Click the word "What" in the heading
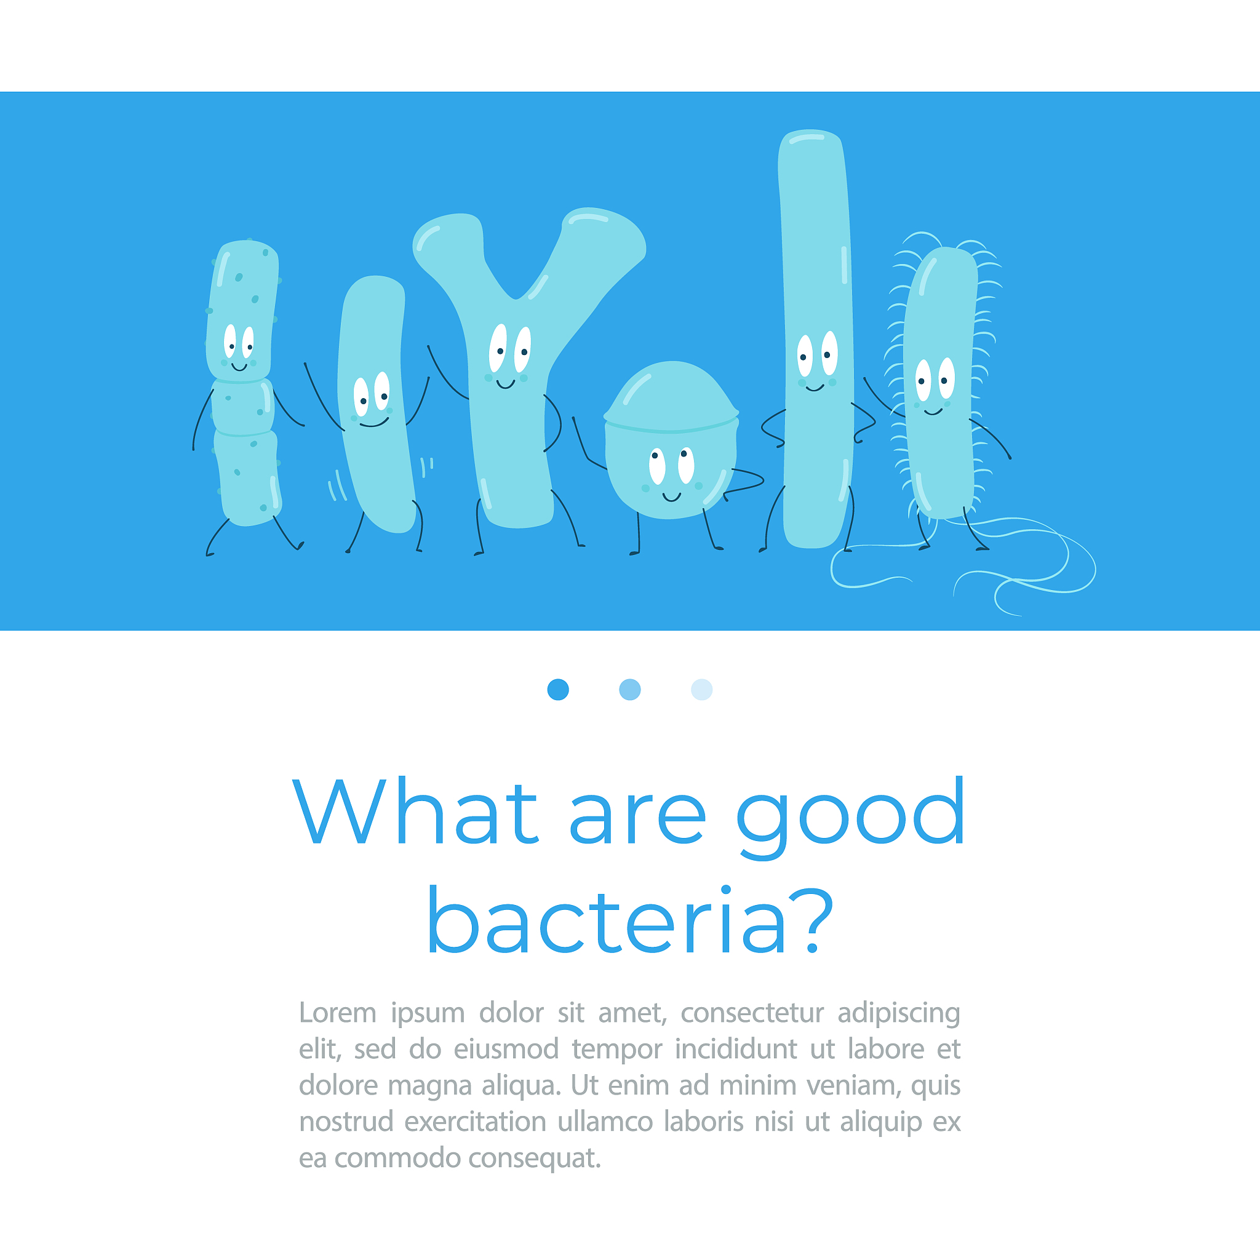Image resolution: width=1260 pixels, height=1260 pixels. point(415,811)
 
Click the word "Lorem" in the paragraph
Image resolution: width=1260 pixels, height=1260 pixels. point(338,1013)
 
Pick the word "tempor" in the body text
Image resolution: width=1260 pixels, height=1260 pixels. point(617,1050)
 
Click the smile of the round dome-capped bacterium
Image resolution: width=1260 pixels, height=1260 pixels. point(672,498)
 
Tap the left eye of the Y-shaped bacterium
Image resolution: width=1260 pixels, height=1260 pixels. point(498,348)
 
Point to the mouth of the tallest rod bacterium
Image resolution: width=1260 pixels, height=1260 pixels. point(815,388)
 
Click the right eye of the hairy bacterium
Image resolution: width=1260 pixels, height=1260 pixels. point(946,378)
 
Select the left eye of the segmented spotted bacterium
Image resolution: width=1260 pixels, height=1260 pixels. point(229,341)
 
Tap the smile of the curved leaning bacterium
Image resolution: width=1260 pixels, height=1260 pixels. point(374,423)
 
